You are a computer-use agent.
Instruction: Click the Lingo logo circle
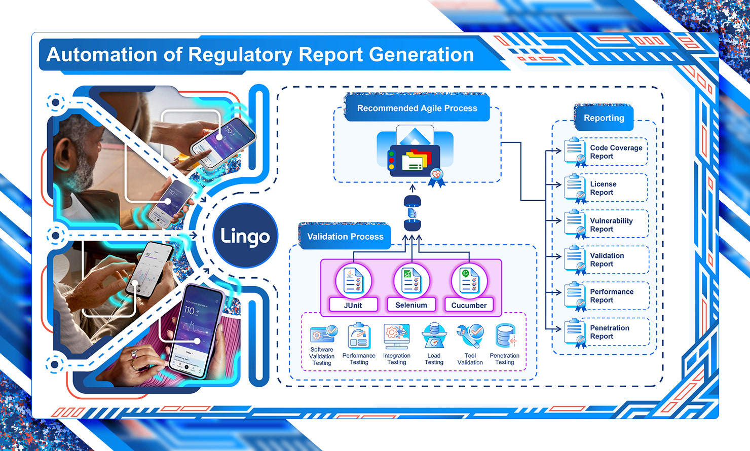(245, 236)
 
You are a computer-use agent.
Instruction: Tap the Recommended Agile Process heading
(417, 108)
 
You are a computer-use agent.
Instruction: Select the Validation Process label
(345, 237)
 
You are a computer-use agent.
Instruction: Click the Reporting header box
(604, 118)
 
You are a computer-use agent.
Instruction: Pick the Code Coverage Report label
(616, 152)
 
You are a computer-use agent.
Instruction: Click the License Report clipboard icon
(575, 188)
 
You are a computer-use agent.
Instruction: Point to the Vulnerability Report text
(611, 225)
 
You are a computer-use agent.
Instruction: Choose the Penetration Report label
(609, 332)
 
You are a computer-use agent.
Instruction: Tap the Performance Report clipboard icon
(575, 296)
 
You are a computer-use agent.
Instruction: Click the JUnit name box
(353, 305)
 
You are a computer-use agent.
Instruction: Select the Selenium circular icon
(411, 280)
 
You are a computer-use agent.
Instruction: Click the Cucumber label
(469, 305)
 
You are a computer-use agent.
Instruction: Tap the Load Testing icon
(434, 335)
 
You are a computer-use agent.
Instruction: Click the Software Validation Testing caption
(322, 356)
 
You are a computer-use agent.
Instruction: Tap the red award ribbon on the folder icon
(436, 176)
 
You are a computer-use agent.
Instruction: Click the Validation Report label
(607, 260)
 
